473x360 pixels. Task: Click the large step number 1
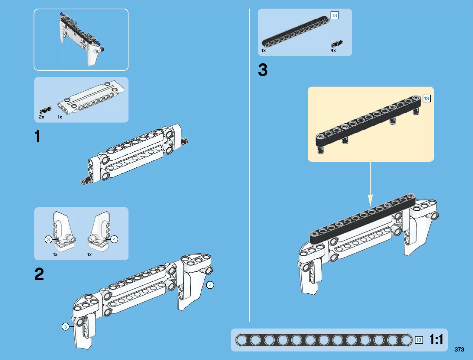coord(37,137)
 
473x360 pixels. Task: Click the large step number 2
coord(39,274)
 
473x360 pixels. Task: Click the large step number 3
coord(263,70)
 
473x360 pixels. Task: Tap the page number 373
coord(459,350)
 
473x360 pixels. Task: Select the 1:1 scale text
coord(436,340)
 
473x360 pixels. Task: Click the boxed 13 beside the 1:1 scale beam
coord(419,340)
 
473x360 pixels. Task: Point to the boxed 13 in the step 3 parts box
coord(335,15)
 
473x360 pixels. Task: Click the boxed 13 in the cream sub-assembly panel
coord(426,99)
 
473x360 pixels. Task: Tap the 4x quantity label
coord(333,50)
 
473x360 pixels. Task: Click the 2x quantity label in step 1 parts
coord(41,117)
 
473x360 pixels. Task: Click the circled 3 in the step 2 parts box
coord(48,240)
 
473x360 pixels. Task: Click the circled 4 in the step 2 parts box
coord(114,239)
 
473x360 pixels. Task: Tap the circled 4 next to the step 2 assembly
coord(210,285)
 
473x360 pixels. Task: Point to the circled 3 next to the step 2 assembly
coord(65,327)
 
